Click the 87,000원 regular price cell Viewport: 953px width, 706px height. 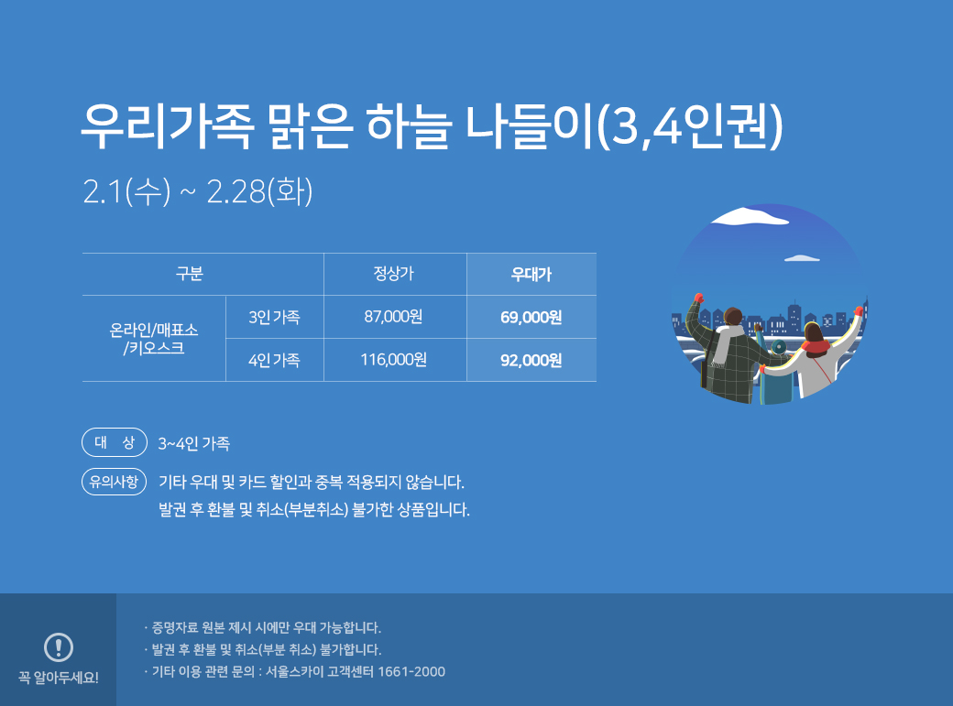click(393, 317)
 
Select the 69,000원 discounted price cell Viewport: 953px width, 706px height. click(531, 317)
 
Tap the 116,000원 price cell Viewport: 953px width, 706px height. click(393, 360)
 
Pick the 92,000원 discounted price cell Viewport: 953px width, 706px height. click(531, 360)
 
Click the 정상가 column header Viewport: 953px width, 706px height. click(393, 274)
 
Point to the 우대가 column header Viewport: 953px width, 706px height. click(531, 274)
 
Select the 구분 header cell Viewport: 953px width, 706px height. click(189, 274)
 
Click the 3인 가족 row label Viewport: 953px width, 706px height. click(274, 317)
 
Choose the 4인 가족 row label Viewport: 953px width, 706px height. click(274, 360)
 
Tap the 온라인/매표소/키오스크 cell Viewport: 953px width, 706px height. click(154, 339)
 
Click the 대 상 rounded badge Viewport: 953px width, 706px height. click(115, 442)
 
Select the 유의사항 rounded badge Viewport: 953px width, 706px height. click(115, 482)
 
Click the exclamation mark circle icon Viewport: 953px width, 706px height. click(59, 646)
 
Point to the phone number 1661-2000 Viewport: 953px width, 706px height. click(411, 671)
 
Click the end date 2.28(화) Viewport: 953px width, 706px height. click(259, 191)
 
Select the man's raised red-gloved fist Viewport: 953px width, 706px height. click(699, 298)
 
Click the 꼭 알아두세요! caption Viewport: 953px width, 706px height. click(59, 678)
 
